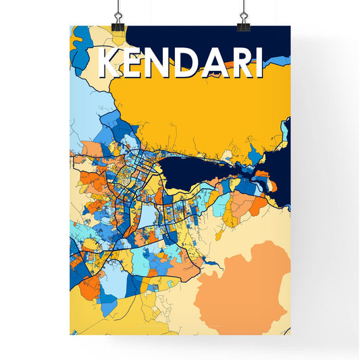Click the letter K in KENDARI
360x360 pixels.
pos(111,63)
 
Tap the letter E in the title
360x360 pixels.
pos(138,63)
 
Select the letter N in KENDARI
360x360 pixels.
pos(164,63)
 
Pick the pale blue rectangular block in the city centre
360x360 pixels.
pos(148,215)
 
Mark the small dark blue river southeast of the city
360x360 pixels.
pos(211,260)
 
